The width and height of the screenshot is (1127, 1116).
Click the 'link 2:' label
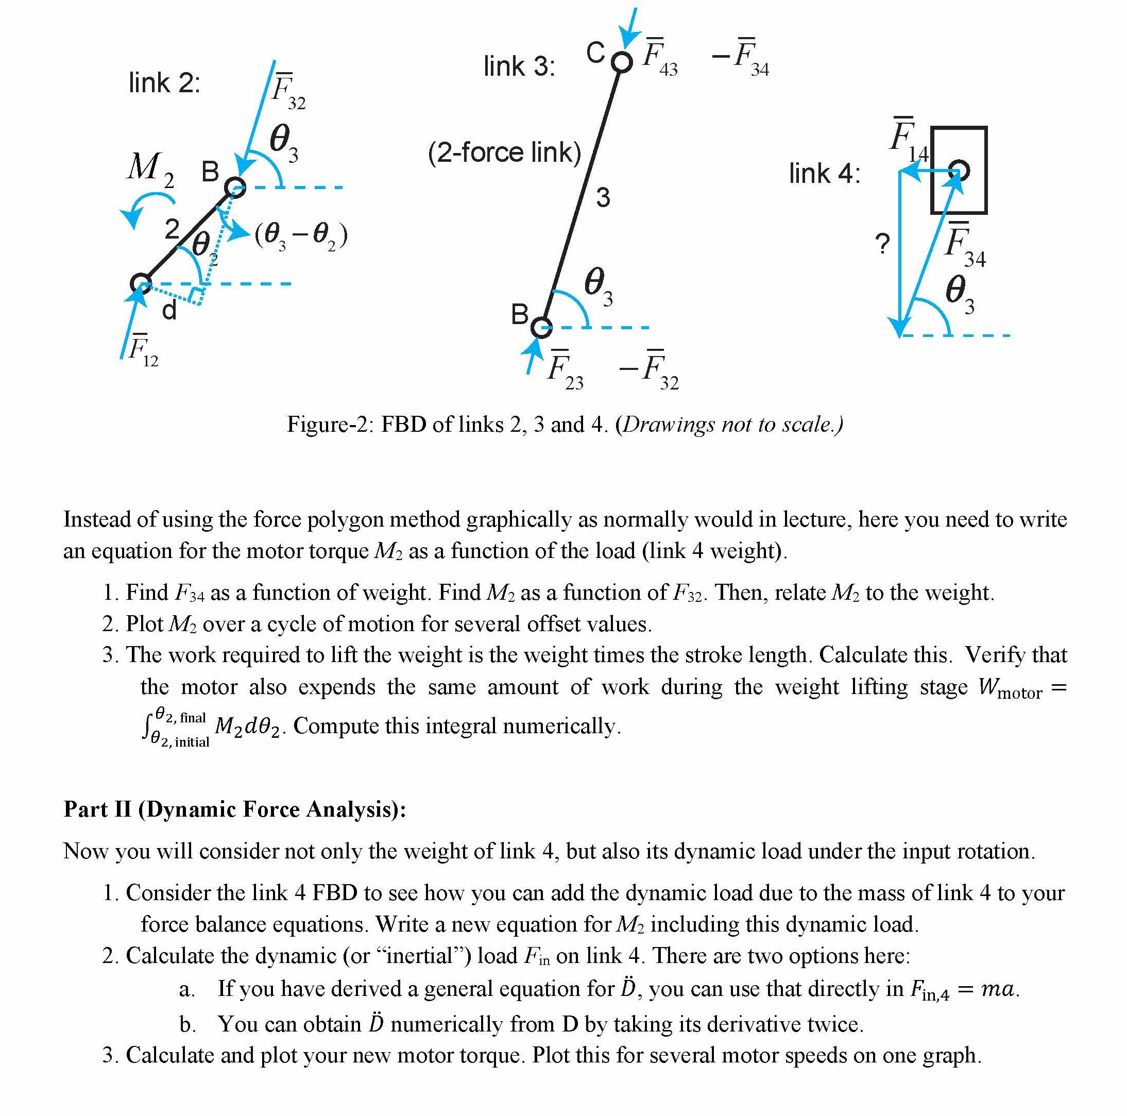coord(164,83)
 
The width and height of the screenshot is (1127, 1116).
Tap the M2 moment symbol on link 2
coord(150,168)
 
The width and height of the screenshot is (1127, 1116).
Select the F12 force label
coord(142,350)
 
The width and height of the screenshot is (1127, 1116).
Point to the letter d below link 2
coord(168,311)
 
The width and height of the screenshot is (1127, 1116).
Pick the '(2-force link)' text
coord(504,153)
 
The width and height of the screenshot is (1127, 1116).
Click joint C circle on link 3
coord(622,61)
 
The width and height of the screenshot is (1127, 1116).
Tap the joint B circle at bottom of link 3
coord(541,327)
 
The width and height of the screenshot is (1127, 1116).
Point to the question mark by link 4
coord(882,244)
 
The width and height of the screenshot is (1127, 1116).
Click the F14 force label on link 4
coord(908,139)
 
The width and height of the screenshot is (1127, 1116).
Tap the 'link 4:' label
coord(824,174)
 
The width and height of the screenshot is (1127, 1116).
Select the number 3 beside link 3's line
coord(603,198)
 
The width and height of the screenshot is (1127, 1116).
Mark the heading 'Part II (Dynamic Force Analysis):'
coord(234,809)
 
